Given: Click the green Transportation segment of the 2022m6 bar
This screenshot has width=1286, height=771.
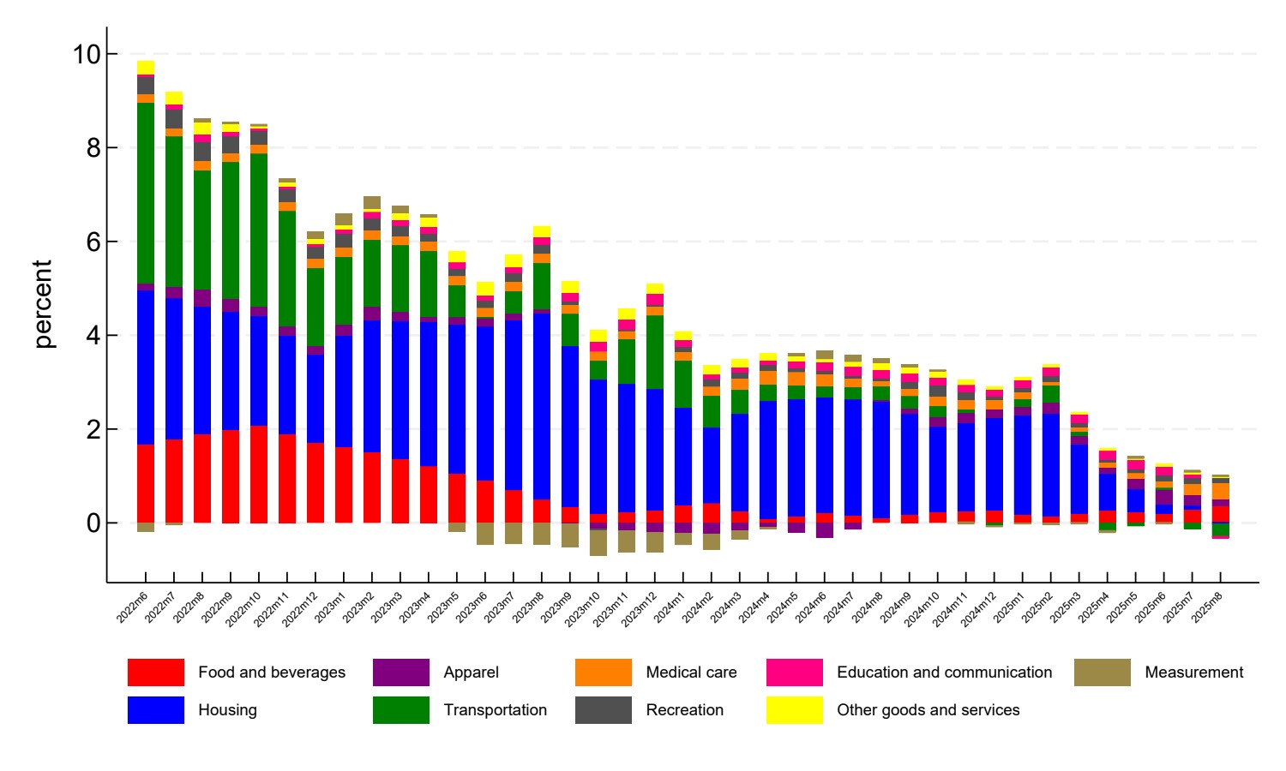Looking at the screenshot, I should click(x=146, y=193).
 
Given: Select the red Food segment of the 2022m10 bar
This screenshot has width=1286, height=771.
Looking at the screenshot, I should click(x=259, y=474).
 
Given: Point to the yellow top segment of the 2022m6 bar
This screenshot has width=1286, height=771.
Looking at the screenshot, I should click(x=146, y=68).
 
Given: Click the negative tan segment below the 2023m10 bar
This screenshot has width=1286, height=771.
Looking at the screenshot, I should click(x=598, y=542).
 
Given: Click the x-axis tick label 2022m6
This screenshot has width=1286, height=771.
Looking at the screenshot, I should click(x=133, y=607).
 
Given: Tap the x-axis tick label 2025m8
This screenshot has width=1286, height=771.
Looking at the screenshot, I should click(x=1207, y=607).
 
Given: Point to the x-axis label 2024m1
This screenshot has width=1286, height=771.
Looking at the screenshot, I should click(x=670, y=607).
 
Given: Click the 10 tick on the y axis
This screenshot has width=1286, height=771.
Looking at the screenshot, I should click(x=87, y=55).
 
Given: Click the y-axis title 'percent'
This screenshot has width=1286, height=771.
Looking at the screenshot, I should click(x=43, y=304).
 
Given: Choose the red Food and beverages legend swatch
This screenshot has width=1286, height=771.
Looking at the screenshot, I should click(x=155, y=672).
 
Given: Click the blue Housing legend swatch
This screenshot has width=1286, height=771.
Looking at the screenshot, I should click(x=155, y=710).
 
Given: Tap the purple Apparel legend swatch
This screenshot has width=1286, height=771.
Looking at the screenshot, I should click(x=400, y=672).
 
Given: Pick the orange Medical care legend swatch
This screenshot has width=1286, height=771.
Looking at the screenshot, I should click(x=603, y=672).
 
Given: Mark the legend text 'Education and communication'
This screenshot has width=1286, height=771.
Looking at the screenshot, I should click(x=944, y=672).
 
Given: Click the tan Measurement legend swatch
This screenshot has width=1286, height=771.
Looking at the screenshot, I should click(x=1102, y=672).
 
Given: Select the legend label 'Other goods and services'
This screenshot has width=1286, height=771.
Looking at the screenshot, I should click(x=928, y=710).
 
